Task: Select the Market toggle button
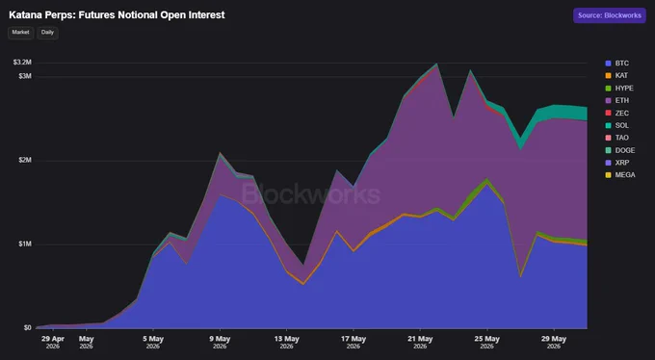pos(20,33)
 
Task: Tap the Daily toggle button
pos(47,33)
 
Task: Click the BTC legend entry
pos(617,64)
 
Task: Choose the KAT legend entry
pos(616,76)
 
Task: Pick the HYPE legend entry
pos(619,89)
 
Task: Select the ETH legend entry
pos(617,101)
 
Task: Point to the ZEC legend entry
pos(617,114)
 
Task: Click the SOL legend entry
pos(617,125)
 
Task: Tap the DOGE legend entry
pos(620,150)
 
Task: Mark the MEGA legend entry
pos(620,175)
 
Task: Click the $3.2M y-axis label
pos(22,63)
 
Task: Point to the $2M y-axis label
pos(25,161)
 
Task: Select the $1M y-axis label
pos(25,244)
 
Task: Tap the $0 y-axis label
pos(28,328)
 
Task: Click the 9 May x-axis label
pos(220,342)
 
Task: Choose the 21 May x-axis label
pos(420,342)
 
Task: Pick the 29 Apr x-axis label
pos(53,342)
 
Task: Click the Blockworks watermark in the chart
pos(311,194)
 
